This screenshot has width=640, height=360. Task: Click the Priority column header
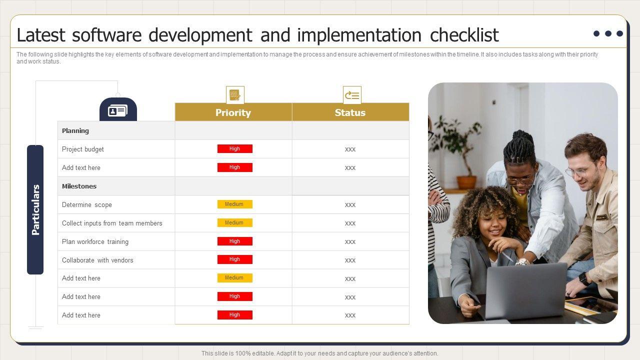(233, 112)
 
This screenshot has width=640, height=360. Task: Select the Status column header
(350, 112)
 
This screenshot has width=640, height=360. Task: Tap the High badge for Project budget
(235, 148)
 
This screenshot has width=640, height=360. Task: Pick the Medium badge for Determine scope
(235, 204)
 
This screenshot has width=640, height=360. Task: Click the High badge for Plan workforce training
(235, 241)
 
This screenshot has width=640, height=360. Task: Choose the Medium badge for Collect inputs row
(235, 222)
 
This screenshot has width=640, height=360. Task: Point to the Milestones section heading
(79, 186)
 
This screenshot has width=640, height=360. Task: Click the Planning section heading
(75, 130)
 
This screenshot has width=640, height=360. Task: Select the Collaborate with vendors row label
(97, 260)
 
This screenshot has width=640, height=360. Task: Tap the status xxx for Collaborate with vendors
(350, 260)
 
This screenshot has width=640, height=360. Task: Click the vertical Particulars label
(35, 209)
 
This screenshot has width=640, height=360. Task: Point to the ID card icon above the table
(117, 111)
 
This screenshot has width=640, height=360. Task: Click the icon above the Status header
(352, 95)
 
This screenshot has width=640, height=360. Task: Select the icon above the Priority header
(235, 95)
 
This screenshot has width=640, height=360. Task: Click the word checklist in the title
(464, 35)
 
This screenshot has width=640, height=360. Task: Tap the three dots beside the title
(608, 33)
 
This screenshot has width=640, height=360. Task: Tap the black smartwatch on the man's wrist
(584, 278)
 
